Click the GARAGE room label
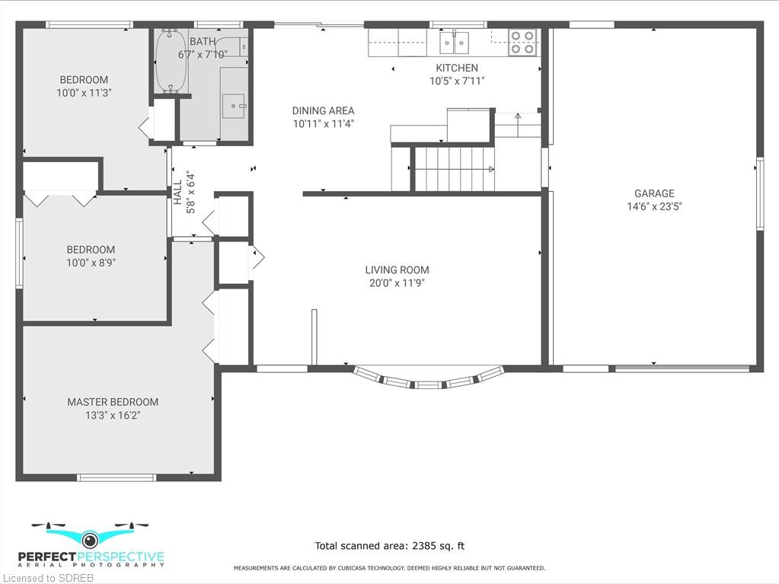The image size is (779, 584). click(x=654, y=193)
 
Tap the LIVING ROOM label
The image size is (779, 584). click(x=397, y=270)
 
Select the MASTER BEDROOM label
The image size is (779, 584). click(x=113, y=402)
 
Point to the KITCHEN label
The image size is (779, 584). click(x=457, y=68)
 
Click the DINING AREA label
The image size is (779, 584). click(x=323, y=110)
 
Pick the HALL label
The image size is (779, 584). click(x=178, y=192)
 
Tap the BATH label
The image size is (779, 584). click(x=203, y=42)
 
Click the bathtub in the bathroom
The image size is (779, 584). click(x=171, y=61)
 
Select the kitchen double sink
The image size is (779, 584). click(x=454, y=42)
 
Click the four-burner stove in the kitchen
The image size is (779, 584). click(x=522, y=42)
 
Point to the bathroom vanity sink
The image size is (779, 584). click(x=233, y=106)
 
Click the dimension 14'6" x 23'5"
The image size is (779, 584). click(x=654, y=206)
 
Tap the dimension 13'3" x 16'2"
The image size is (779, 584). click(x=113, y=415)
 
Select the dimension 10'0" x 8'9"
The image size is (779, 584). click(x=91, y=263)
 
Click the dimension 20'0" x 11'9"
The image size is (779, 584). click(x=397, y=283)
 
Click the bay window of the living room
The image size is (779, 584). click(x=428, y=378)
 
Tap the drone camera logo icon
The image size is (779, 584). click(x=90, y=538)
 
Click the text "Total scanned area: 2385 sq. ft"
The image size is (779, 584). click(x=390, y=546)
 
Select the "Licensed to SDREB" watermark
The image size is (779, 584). click(x=47, y=578)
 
